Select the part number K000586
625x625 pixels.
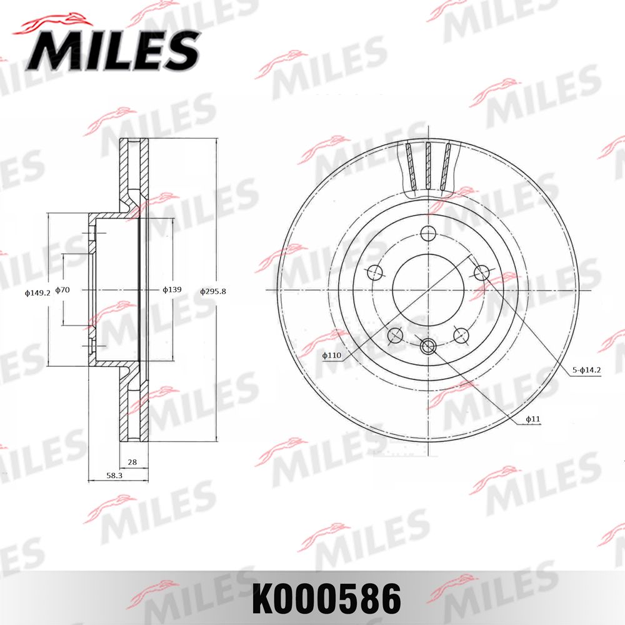(326, 599)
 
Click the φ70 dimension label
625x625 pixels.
(62, 290)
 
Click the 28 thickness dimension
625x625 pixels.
(132, 462)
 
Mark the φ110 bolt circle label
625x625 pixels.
(332, 356)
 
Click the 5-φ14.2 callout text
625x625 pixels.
(586, 370)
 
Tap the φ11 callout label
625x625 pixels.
(532, 419)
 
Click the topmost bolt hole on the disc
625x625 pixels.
(428, 234)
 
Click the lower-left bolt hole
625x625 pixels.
(395, 336)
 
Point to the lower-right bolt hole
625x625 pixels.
(461, 336)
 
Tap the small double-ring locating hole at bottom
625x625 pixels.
(428, 346)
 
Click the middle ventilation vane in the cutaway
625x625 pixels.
(428, 166)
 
